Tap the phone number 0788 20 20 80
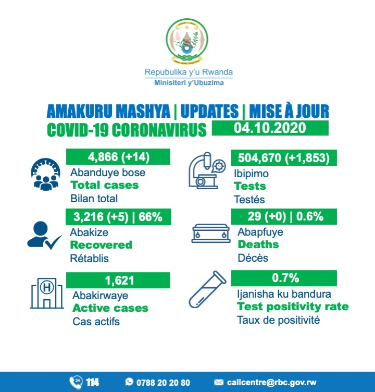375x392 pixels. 163,383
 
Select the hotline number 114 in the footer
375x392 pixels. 93,383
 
